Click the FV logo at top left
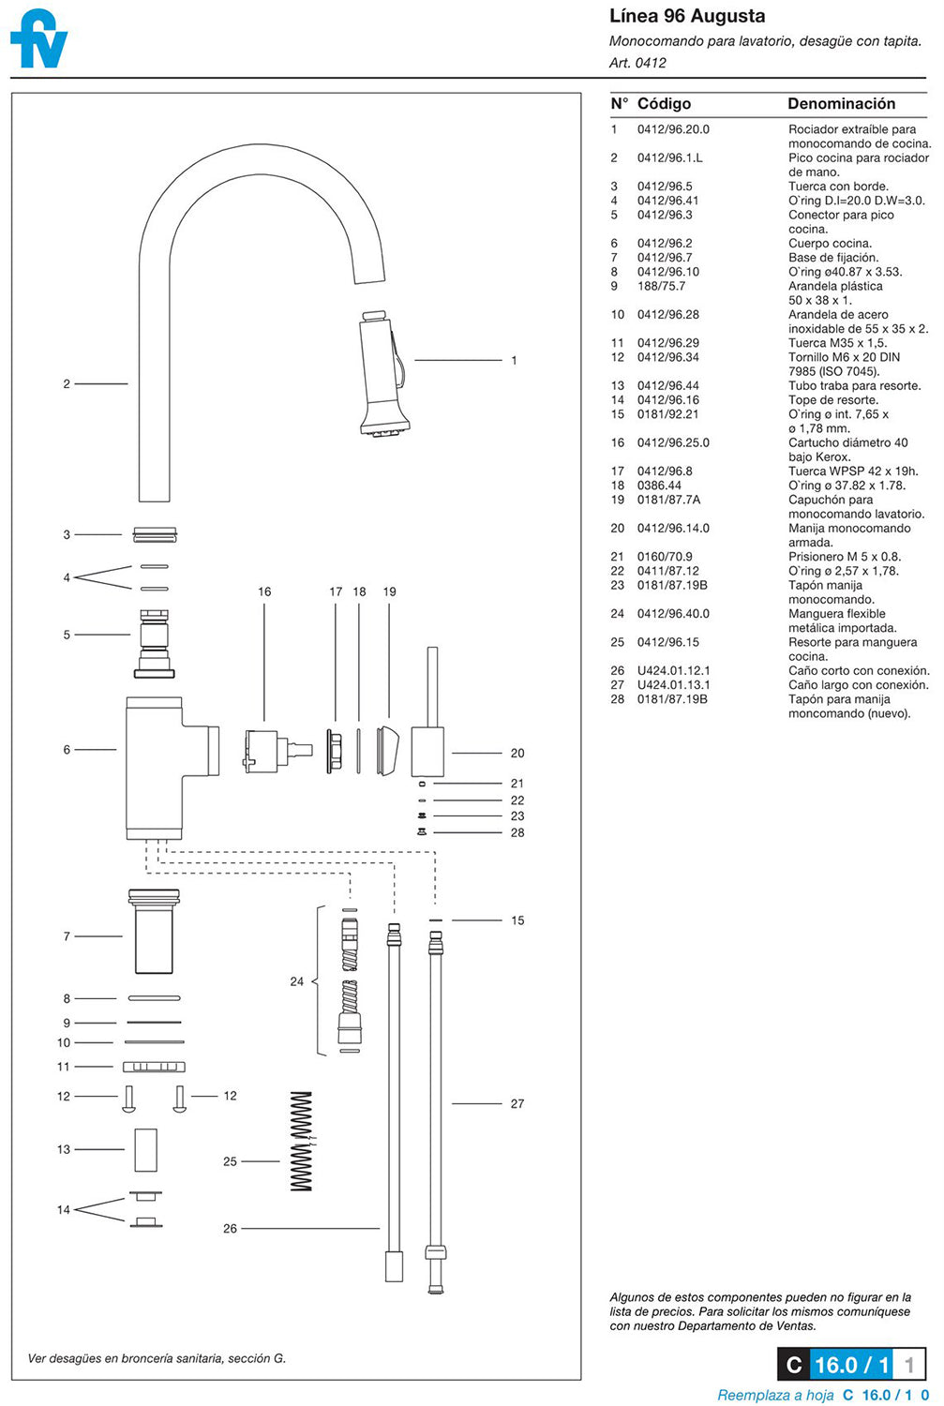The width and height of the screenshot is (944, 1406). [x=38, y=39]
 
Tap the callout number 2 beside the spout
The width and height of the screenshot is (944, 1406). [x=67, y=383]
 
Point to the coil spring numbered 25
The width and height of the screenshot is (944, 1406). [x=301, y=1141]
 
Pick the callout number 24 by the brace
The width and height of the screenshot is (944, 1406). [x=296, y=981]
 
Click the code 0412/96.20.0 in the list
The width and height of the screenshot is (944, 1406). [x=673, y=129]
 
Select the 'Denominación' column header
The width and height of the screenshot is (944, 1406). [x=841, y=104]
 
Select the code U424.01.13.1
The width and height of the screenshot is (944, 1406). [x=673, y=685]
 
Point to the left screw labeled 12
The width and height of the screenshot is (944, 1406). [x=129, y=1098]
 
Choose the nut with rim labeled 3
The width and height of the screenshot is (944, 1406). [x=156, y=535]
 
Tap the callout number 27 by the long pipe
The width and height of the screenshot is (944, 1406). [x=517, y=1103]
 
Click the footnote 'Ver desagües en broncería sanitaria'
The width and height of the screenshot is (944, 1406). [x=157, y=1358]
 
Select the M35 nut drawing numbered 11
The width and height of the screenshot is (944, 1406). [x=154, y=1067]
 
